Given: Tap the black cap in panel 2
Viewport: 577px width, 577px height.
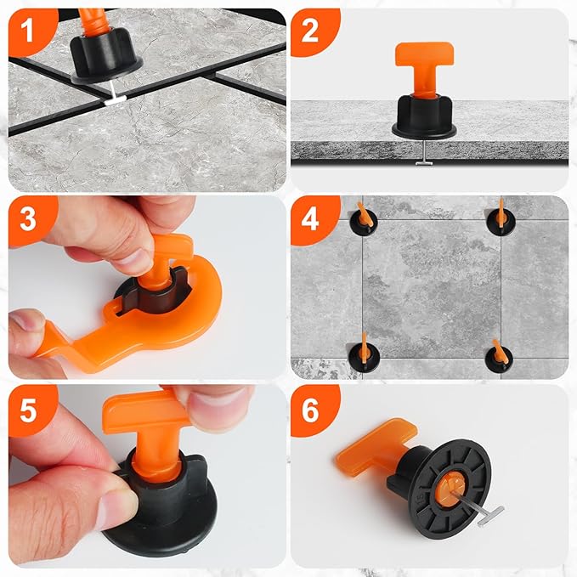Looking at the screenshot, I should (x=424, y=114).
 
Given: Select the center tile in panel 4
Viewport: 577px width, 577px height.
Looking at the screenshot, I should (x=431, y=287).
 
